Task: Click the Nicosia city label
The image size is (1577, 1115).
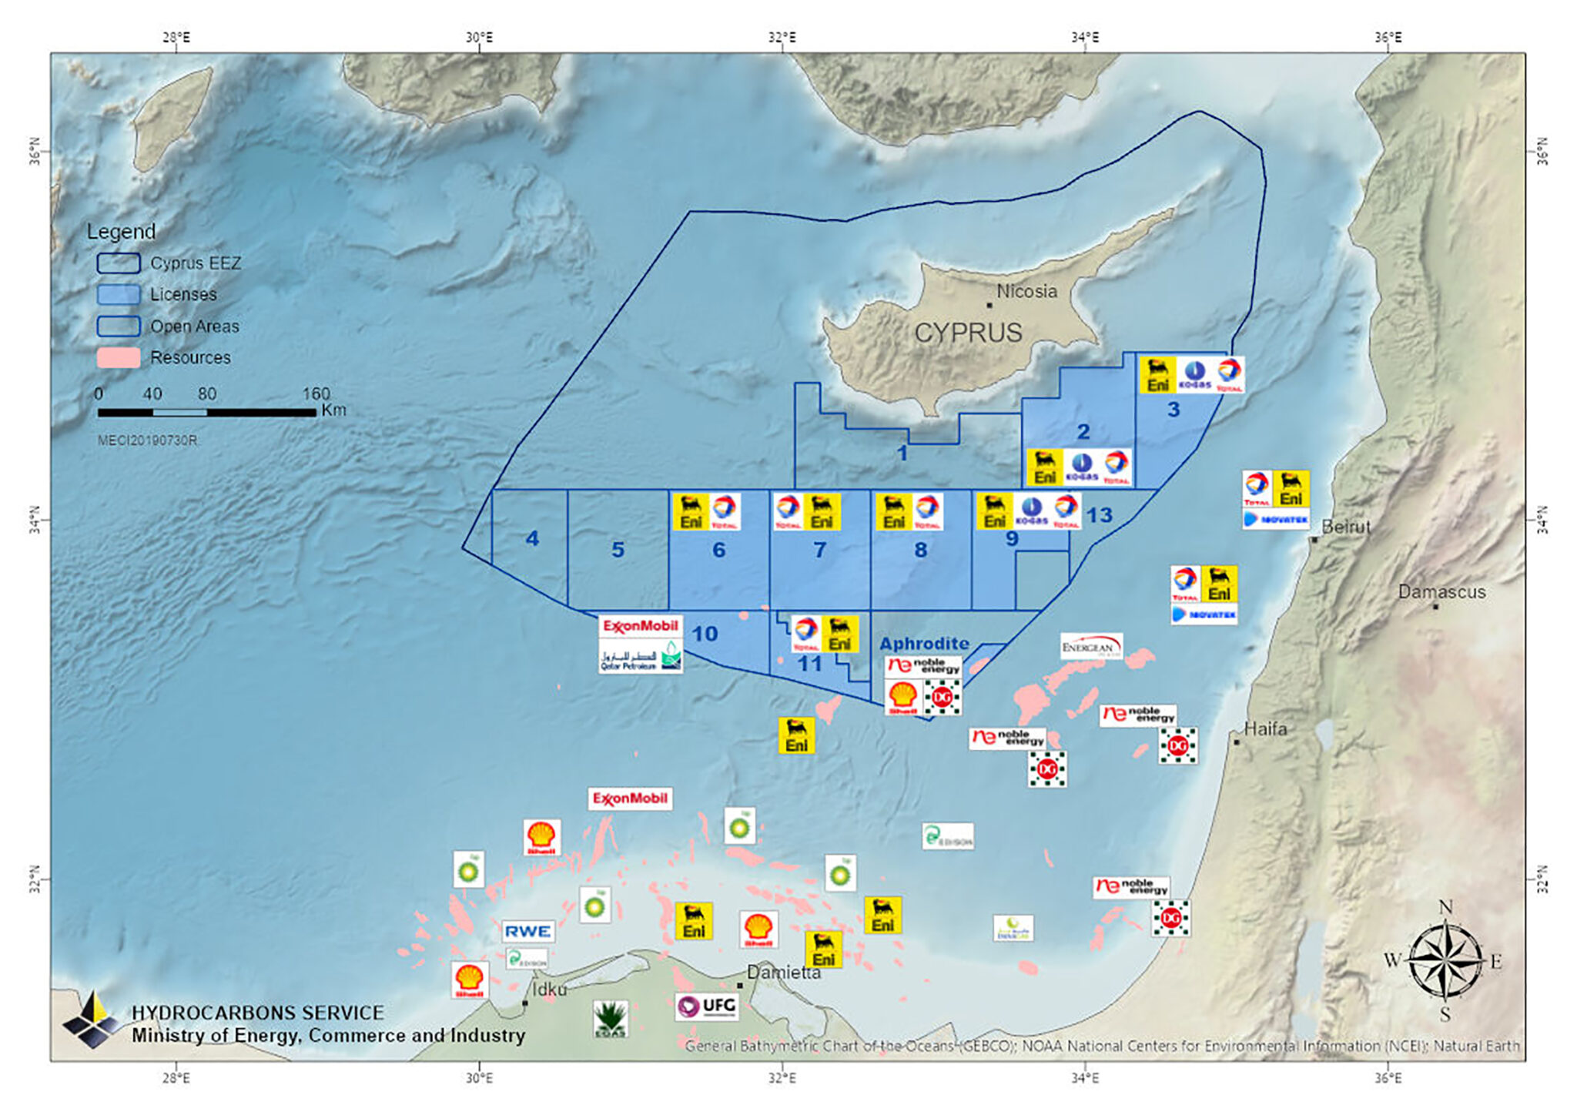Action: pyautogui.click(x=1026, y=292)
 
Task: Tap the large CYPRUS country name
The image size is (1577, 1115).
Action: pyautogui.click(x=968, y=333)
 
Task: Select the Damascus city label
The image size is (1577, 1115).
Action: pyautogui.click(x=1441, y=592)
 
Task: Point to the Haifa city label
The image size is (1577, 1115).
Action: pyautogui.click(x=1265, y=728)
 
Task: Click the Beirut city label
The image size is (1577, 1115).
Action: pyautogui.click(x=1347, y=527)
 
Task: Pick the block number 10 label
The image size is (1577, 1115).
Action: pyautogui.click(x=705, y=634)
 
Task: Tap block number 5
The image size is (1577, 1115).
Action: pyautogui.click(x=618, y=550)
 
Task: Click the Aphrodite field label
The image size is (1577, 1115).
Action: pyautogui.click(x=924, y=644)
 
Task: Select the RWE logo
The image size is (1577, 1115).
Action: pyautogui.click(x=527, y=931)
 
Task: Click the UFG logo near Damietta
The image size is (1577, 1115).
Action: pyautogui.click(x=707, y=1006)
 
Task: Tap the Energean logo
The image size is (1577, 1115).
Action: pyautogui.click(x=1090, y=647)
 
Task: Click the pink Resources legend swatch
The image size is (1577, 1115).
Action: pyautogui.click(x=119, y=357)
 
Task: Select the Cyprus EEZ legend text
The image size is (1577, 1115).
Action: pyautogui.click(x=196, y=263)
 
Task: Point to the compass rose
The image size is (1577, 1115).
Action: pyautogui.click(x=1445, y=961)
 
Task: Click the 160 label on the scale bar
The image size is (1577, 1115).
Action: pyautogui.click(x=316, y=393)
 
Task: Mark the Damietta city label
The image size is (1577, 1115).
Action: pyautogui.click(x=784, y=973)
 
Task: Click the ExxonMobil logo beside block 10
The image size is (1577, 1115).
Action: pyautogui.click(x=640, y=626)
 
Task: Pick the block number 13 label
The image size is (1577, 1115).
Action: pyautogui.click(x=1099, y=515)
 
